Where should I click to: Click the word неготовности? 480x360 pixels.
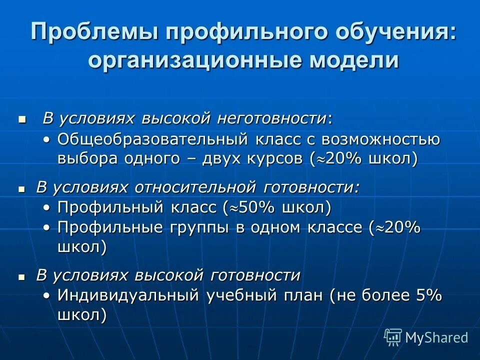point(271,118)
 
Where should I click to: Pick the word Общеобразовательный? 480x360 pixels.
point(153,139)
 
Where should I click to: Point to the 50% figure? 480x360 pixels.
point(260,207)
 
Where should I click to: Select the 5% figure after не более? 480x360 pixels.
point(428,295)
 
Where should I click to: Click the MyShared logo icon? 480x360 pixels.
point(393,337)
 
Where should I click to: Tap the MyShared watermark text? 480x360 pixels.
point(436,337)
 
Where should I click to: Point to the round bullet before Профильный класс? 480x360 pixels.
point(46,207)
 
